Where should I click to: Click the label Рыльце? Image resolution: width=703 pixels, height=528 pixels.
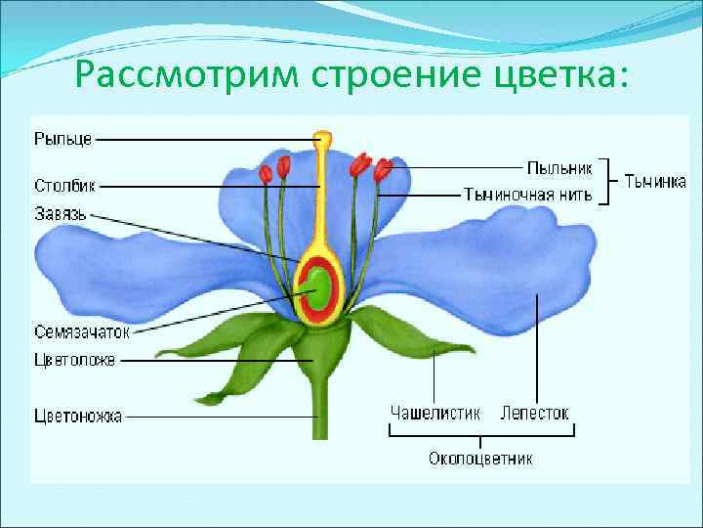[62, 139]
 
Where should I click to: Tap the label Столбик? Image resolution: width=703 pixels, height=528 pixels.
[64, 185]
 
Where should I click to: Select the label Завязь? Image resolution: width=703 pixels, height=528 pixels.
[62, 212]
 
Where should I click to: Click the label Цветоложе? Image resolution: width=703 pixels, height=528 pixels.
[74, 360]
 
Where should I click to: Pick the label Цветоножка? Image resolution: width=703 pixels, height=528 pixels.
[78, 417]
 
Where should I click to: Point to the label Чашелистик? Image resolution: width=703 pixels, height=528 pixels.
[434, 413]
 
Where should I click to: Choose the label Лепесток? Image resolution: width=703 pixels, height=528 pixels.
[534, 413]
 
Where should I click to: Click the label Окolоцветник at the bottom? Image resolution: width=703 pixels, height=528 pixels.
[480, 458]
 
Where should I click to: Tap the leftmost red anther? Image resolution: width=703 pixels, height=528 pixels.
[265, 174]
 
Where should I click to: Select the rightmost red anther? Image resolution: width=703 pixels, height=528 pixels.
[384, 169]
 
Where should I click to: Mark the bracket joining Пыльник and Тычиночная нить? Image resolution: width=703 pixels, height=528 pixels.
[607, 181]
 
